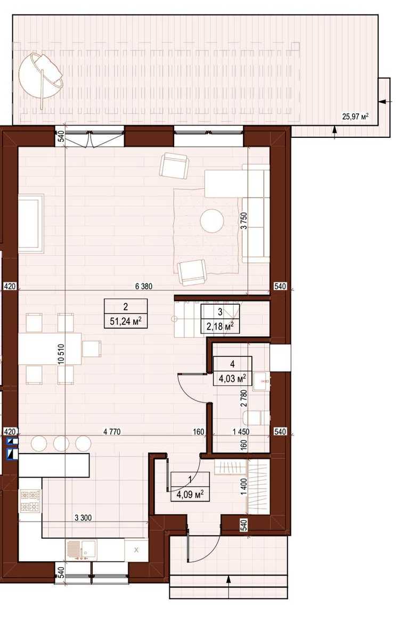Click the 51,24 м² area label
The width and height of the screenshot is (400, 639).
coord(126,322)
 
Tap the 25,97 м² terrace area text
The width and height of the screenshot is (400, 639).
coord(355,117)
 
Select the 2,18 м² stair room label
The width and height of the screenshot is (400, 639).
coord(221,326)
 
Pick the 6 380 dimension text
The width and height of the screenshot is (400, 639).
coord(144,286)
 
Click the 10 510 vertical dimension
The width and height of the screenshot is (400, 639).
coord(61,354)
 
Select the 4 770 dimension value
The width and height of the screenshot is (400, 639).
coord(112,432)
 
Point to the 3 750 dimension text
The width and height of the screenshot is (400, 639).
coord(244,220)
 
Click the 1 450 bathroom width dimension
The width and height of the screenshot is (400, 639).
coord(241,432)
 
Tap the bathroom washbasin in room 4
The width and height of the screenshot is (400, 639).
coord(262,381)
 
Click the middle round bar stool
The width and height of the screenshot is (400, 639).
coord(61,444)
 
